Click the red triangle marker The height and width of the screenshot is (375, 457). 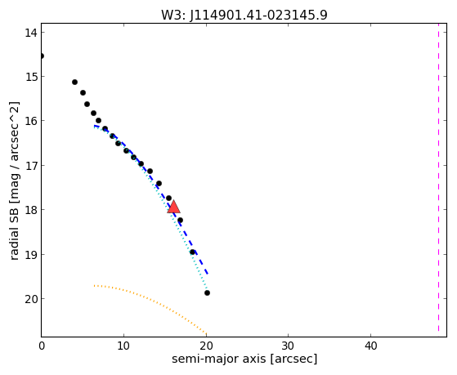173,207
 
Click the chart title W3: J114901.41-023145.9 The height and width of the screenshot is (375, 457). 244,16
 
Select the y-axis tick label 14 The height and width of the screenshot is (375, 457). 31,33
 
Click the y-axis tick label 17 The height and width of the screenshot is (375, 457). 31,166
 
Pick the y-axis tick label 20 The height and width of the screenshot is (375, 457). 31,299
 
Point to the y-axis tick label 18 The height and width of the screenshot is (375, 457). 31,210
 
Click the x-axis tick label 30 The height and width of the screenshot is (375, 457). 288,346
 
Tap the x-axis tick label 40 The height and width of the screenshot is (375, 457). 370,346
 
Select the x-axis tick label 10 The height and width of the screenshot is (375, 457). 123,346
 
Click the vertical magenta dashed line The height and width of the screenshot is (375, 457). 438,177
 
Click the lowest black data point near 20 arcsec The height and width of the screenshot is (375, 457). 207,292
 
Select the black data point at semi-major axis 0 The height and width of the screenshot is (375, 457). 42,56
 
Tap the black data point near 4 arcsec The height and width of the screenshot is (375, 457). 74,83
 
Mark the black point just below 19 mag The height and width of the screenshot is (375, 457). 192,252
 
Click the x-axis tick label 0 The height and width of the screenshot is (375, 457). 42,346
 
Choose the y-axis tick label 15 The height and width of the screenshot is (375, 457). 31,77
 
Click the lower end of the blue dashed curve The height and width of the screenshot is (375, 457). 207,275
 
